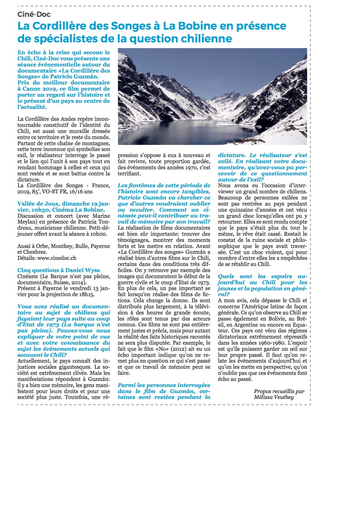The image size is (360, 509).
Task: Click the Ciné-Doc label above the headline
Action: click(x=34, y=14)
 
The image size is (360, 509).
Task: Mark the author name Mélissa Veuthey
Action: click(x=274, y=397)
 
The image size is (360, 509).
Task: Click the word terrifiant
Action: click(x=129, y=174)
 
